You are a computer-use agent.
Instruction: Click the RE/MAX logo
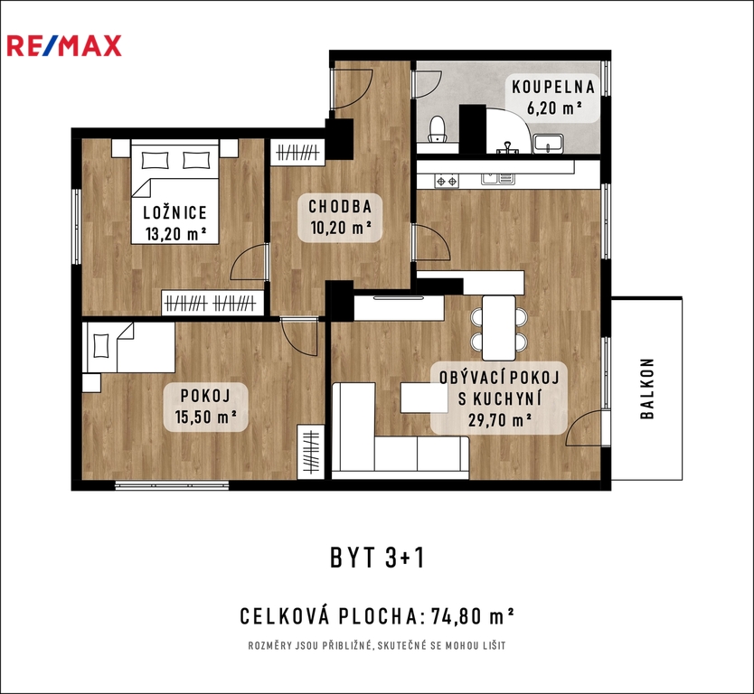pos(64,46)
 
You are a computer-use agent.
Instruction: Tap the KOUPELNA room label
pos(553,87)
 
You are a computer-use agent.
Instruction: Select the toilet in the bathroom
pos(438,129)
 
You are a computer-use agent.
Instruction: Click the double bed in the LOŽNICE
pos(176,192)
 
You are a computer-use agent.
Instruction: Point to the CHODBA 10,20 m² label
pos(341,217)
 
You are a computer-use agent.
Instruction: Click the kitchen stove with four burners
pos(447,182)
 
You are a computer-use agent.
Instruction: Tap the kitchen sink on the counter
pos(498,179)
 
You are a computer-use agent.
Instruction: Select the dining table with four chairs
pos(499,328)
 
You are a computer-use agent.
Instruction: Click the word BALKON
pos(647,389)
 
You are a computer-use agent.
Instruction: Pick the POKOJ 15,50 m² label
pos(205,406)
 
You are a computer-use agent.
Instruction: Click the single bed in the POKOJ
pos(129,347)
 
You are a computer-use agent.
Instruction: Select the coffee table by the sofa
pos(425,397)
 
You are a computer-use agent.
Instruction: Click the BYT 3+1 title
pos(378,558)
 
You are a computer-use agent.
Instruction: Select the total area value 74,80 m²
pos(473,616)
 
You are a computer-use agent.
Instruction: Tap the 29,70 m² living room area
pos(500,420)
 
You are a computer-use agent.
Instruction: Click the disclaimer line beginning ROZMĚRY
pos(377,645)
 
